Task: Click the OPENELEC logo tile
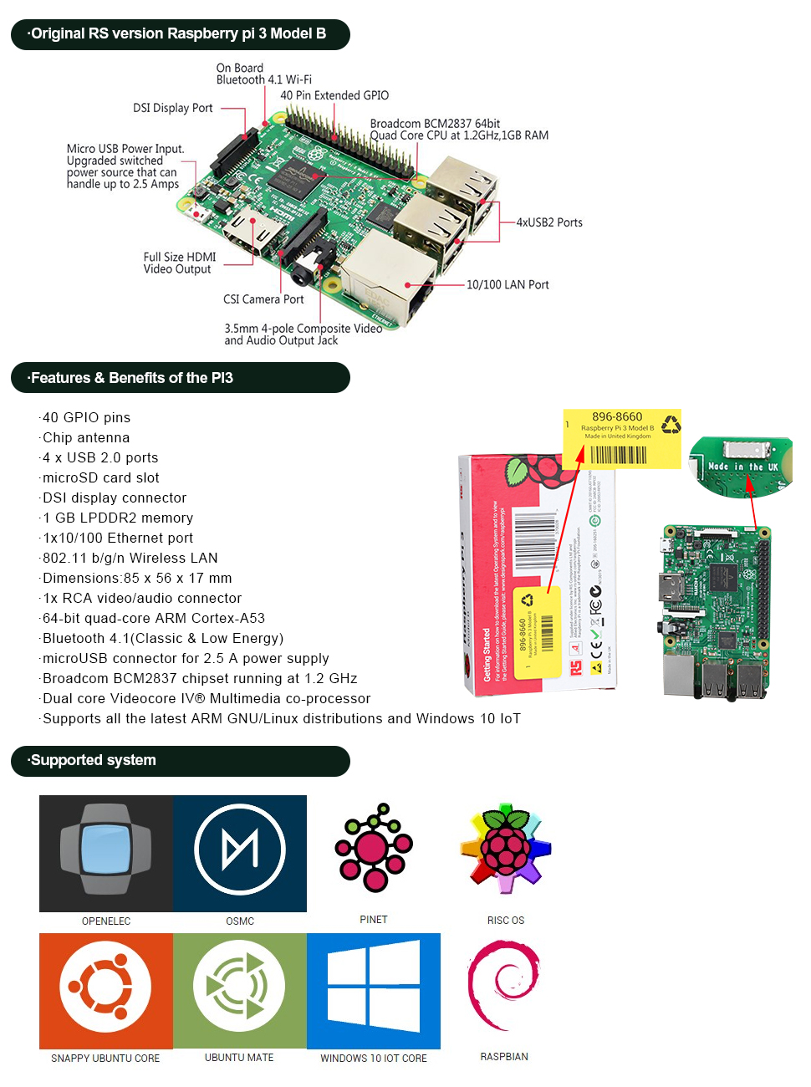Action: click(x=106, y=853)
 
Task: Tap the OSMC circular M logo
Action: click(x=240, y=850)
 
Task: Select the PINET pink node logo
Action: click(x=374, y=848)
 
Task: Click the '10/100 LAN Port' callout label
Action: click(x=508, y=285)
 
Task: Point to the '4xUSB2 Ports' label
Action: click(x=549, y=222)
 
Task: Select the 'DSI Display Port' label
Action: click(x=173, y=108)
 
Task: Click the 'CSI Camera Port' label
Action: click(x=263, y=299)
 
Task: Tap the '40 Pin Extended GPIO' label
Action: click(x=334, y=95)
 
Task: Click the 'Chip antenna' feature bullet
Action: click(x=86, y=438)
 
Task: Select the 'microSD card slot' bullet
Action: click(x=100, y=478)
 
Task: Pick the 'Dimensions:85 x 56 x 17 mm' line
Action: click(x=137, y=579)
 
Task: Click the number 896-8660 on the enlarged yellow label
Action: click(x=617, y=416)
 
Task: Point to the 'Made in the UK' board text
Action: click(x=742, y=467)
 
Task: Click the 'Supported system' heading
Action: click(x=93, y=760)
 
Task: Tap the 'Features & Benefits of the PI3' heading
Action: click(x=131, y=378)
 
